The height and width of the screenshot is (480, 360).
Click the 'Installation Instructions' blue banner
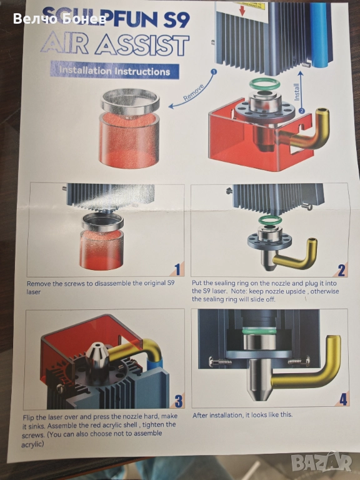(114, 71)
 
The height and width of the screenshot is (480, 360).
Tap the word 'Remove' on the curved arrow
(194, 92)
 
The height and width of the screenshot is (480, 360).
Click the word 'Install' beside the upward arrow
(297, 91)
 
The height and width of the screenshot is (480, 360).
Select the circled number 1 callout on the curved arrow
(214, 72)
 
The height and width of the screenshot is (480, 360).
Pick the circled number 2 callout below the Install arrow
(301, 111)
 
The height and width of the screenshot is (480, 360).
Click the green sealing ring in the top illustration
(265, 84)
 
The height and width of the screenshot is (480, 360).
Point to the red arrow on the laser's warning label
(242, 11)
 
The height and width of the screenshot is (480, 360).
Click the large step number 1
(177, 270)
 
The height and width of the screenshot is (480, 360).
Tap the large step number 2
(341, 270)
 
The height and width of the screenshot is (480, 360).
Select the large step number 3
(178, 401)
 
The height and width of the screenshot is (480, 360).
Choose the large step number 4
(343, 399)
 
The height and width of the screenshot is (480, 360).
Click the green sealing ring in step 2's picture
(269, 220)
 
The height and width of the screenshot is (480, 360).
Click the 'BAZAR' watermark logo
(321, 461)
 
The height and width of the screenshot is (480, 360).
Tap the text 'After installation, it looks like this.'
(242, 415)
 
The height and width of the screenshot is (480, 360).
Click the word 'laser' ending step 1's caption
(34, 292)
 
